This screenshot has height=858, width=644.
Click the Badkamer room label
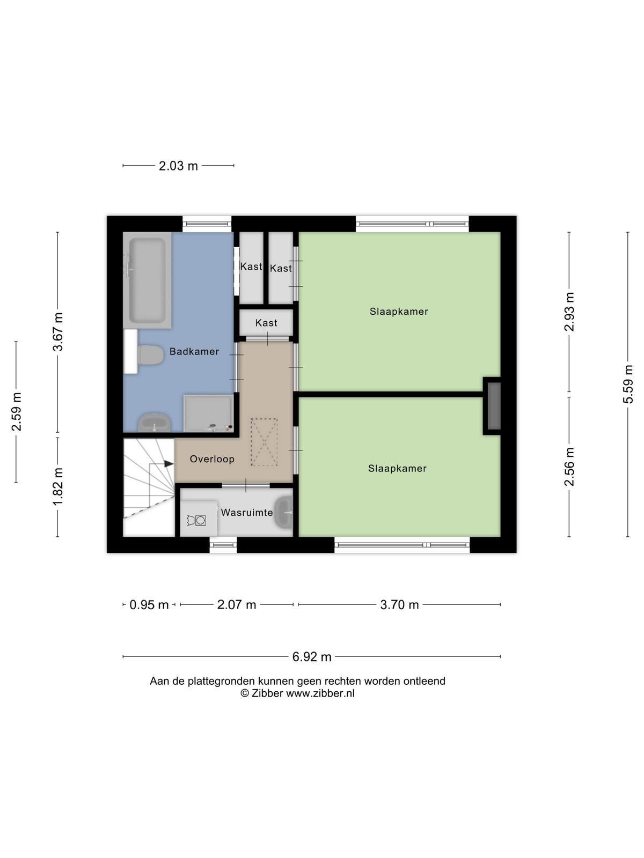(194, 351)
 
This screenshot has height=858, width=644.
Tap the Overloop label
(212, 459)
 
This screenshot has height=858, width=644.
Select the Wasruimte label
(247, 513)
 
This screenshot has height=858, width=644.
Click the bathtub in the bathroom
(148, 280)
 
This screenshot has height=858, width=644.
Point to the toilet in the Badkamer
(151, 355)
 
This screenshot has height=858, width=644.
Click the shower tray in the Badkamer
(209, 413)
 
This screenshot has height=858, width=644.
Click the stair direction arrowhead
(169, 464)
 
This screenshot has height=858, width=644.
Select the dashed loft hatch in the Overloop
(265, 442)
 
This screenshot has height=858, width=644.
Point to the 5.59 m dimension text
(628, 384)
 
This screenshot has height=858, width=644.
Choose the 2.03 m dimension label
(178, 166)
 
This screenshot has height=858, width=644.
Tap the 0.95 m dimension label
(149, 605)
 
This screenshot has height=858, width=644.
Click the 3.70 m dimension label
(399, 605)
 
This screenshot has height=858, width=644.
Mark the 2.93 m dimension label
(569, 312)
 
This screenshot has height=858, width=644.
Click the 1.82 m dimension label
(58, 487)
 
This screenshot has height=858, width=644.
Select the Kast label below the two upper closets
(266, 323)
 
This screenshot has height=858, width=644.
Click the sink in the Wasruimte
(284, 512)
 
